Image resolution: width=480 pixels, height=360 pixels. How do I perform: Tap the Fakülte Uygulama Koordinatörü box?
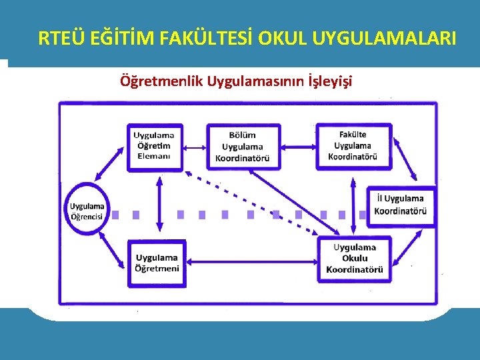pyautogui.click(x=353, y=145)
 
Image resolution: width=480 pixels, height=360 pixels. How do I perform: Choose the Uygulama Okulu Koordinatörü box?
pyautogui.click(x=354, y=258)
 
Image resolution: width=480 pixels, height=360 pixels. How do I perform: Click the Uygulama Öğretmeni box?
pyautogui.click(x=157, y=263)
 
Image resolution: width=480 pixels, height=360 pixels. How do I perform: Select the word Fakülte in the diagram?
pyautogui.click(x=353, y=135)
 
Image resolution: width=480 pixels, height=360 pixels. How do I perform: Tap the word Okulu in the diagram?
pyautogui.click(x=355, y=258)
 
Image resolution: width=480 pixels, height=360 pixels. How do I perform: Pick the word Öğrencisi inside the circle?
pyautogui.click(x=87, y=216)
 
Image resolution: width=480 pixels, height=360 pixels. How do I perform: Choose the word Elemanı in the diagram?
pyautogui.click(x=154, y=157)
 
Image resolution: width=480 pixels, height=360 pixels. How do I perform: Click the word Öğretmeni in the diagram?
pyautogui.click(x=157, y=268)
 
